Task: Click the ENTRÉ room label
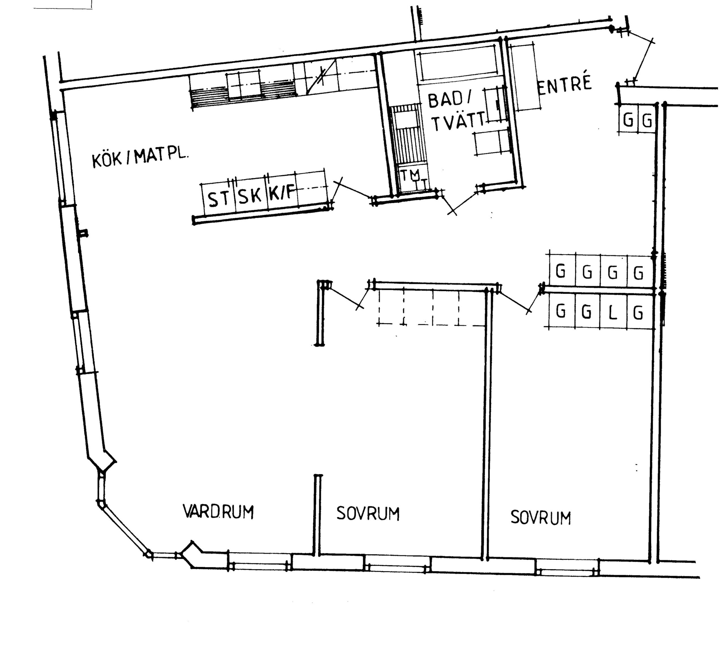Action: click(564, 86)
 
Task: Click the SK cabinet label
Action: click(250, 196)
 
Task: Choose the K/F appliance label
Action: click(282, 193)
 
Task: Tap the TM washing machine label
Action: click(410, 175)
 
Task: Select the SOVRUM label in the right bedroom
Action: click(541, 518)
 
